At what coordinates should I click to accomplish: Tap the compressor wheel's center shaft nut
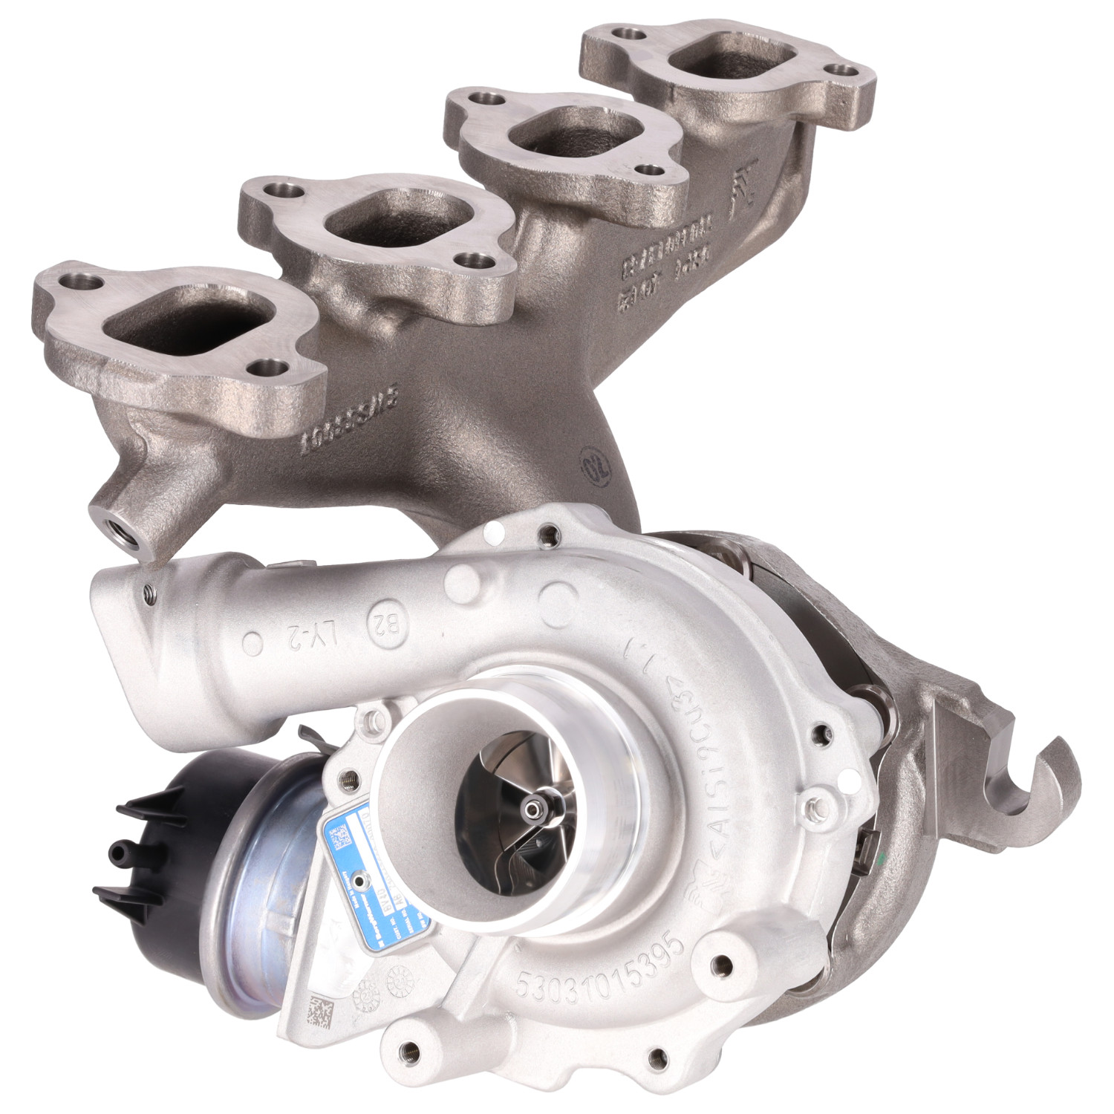click(533, 807)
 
